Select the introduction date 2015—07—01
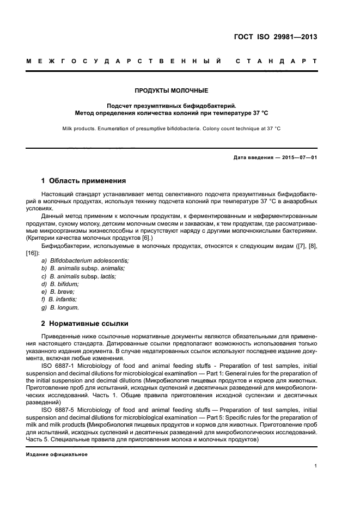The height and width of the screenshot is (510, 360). coord(300,158)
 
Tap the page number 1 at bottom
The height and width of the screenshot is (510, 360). coord(315,465)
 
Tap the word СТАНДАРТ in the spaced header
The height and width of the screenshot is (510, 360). coord(276,62)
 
